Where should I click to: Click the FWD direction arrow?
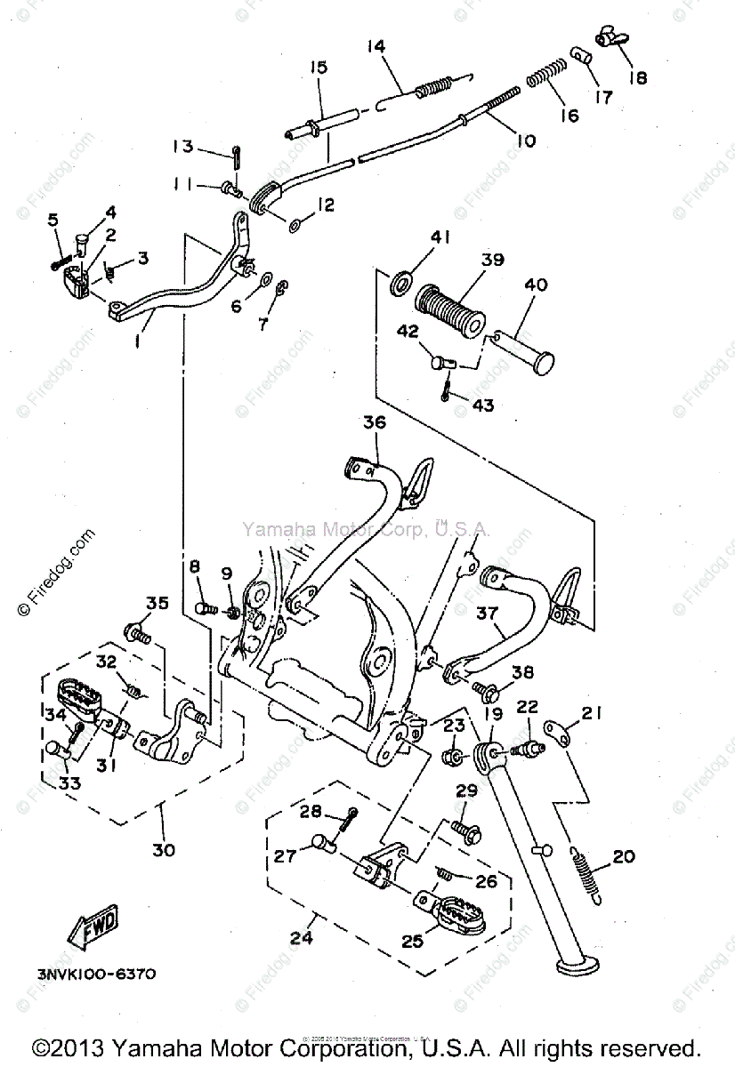click(x=93, y=928)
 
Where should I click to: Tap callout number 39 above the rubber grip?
click(x=492, y=261)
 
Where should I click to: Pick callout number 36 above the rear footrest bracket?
click(x=375, y=422)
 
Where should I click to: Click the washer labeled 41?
click(x=400, y=285)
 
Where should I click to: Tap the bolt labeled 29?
click(x=465, y=830)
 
